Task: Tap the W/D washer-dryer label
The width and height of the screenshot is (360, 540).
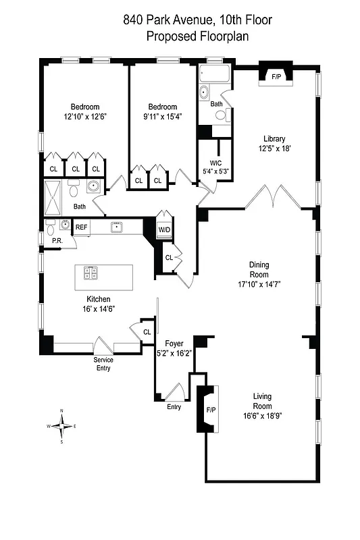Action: [x=164, y=230]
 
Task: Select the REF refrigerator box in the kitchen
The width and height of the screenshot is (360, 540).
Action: [x=81, y=227]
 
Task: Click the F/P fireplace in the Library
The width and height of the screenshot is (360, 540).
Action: [x=276, y=77]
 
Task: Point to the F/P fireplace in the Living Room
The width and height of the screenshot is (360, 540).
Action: [x=211, y=409]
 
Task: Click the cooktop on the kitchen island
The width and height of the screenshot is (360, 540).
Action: [x=91, y=273]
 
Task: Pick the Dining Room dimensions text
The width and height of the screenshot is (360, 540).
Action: [x=259, y=284]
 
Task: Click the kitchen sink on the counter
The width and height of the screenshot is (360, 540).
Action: [x=116, y=227]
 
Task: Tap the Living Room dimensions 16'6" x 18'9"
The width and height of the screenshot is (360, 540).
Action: [x=262, y=416]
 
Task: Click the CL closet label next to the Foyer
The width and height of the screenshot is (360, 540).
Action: [x=147, y=331]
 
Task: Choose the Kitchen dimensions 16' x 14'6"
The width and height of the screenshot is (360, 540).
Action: [x=98, y=308]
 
